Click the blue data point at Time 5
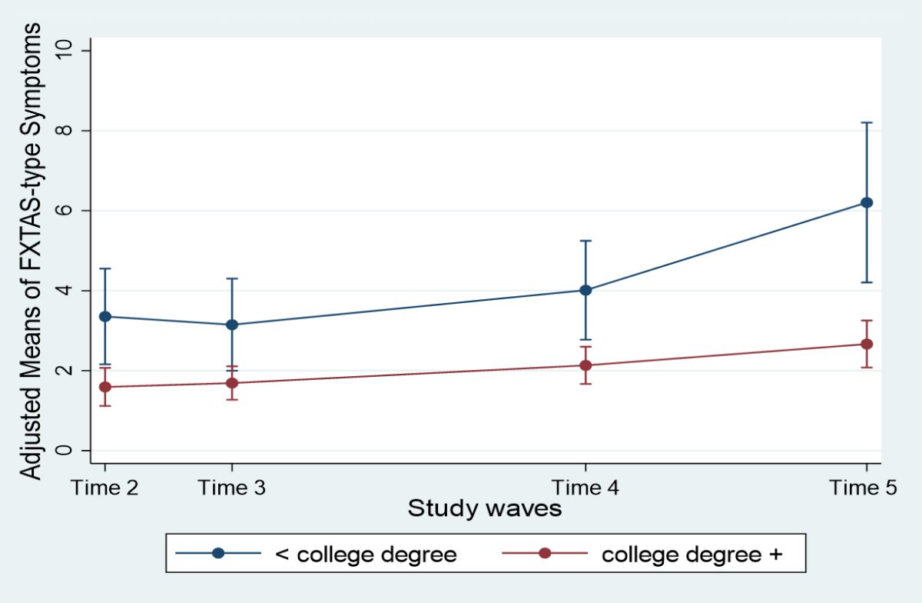tap(867, 202)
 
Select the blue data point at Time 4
tap(585, 290)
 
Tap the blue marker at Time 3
tap(232, 325)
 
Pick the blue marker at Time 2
tap(105, 317)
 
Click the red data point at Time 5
tap(867, 344)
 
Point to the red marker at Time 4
tap(585, 365)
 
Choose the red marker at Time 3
tap(232, 383)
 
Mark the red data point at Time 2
tap(105, 387)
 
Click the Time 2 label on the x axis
tap(104, 488)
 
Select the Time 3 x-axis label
tap(232, 488)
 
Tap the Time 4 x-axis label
tap(585, 488)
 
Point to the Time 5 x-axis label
tap(863, 488)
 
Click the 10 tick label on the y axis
tap(63, 50)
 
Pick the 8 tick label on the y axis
tap(63, 131)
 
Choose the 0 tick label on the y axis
tap(63, 450)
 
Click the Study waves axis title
tap(485, 508)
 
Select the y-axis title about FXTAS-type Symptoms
tap(31, 251)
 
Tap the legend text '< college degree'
tap(366, 555)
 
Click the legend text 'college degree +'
tap(692, 555)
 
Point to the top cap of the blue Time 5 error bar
tap(867, 122)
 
